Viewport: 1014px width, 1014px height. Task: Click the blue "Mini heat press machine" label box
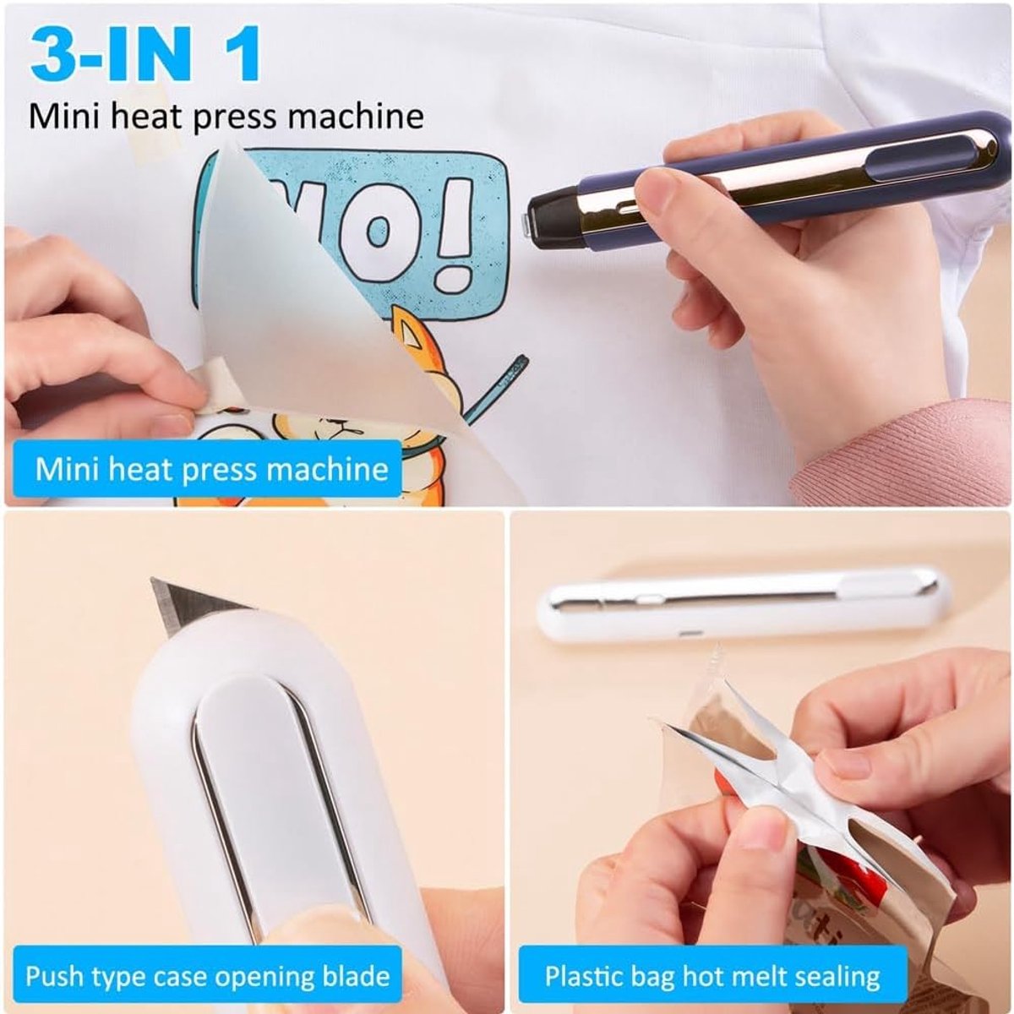pos(207,469)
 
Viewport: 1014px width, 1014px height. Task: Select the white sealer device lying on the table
pos(743,607)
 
